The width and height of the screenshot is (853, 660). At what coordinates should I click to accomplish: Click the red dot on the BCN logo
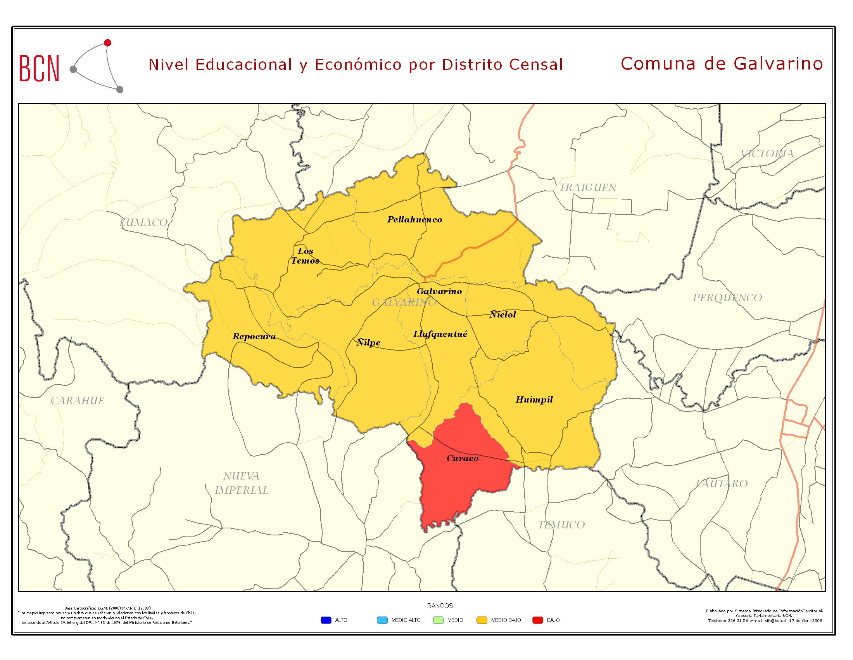pyautogui.click(x=108, y=43)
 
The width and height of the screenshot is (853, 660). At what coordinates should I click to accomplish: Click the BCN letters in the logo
pyautogui.click(x=39, y=69)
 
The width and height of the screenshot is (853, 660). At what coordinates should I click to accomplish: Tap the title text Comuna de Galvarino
pyautogui.click(x=722, y=64)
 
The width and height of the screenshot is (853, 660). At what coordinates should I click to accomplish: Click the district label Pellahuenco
pyautogui.click(x=414, y=220)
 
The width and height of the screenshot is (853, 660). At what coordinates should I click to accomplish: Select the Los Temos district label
pyautogui.click(x=306, y=256)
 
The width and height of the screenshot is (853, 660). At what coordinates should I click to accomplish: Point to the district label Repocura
pyautogui.click(x=254, y=336)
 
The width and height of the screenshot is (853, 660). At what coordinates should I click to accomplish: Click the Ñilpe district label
pyautogui.click(x=368, y=342)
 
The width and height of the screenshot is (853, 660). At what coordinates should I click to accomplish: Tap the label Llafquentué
pyautogui.click(x=440, y=334)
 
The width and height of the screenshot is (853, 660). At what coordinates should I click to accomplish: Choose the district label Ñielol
pyautogui.click(x=502, y=314)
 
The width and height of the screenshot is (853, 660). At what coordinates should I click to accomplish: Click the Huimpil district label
pyautogui.click(x=534, y=399)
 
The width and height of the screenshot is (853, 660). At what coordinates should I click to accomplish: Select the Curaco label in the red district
pyautogui.click(x=463, y=458)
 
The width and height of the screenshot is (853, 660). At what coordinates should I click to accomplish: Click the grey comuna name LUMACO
pyautogui.click(x=144, y=222)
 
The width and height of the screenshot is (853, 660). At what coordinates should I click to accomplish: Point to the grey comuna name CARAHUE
pyautogui.click(x=77, y=401)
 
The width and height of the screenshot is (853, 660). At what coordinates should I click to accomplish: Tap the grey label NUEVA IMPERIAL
pyautogui.click(x=242, y=483)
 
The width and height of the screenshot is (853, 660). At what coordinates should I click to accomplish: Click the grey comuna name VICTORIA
pyautogui.click(x=767, y=154)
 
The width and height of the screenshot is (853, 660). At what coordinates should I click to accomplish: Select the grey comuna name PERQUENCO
pyautogui.click(x=727, y=298)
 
